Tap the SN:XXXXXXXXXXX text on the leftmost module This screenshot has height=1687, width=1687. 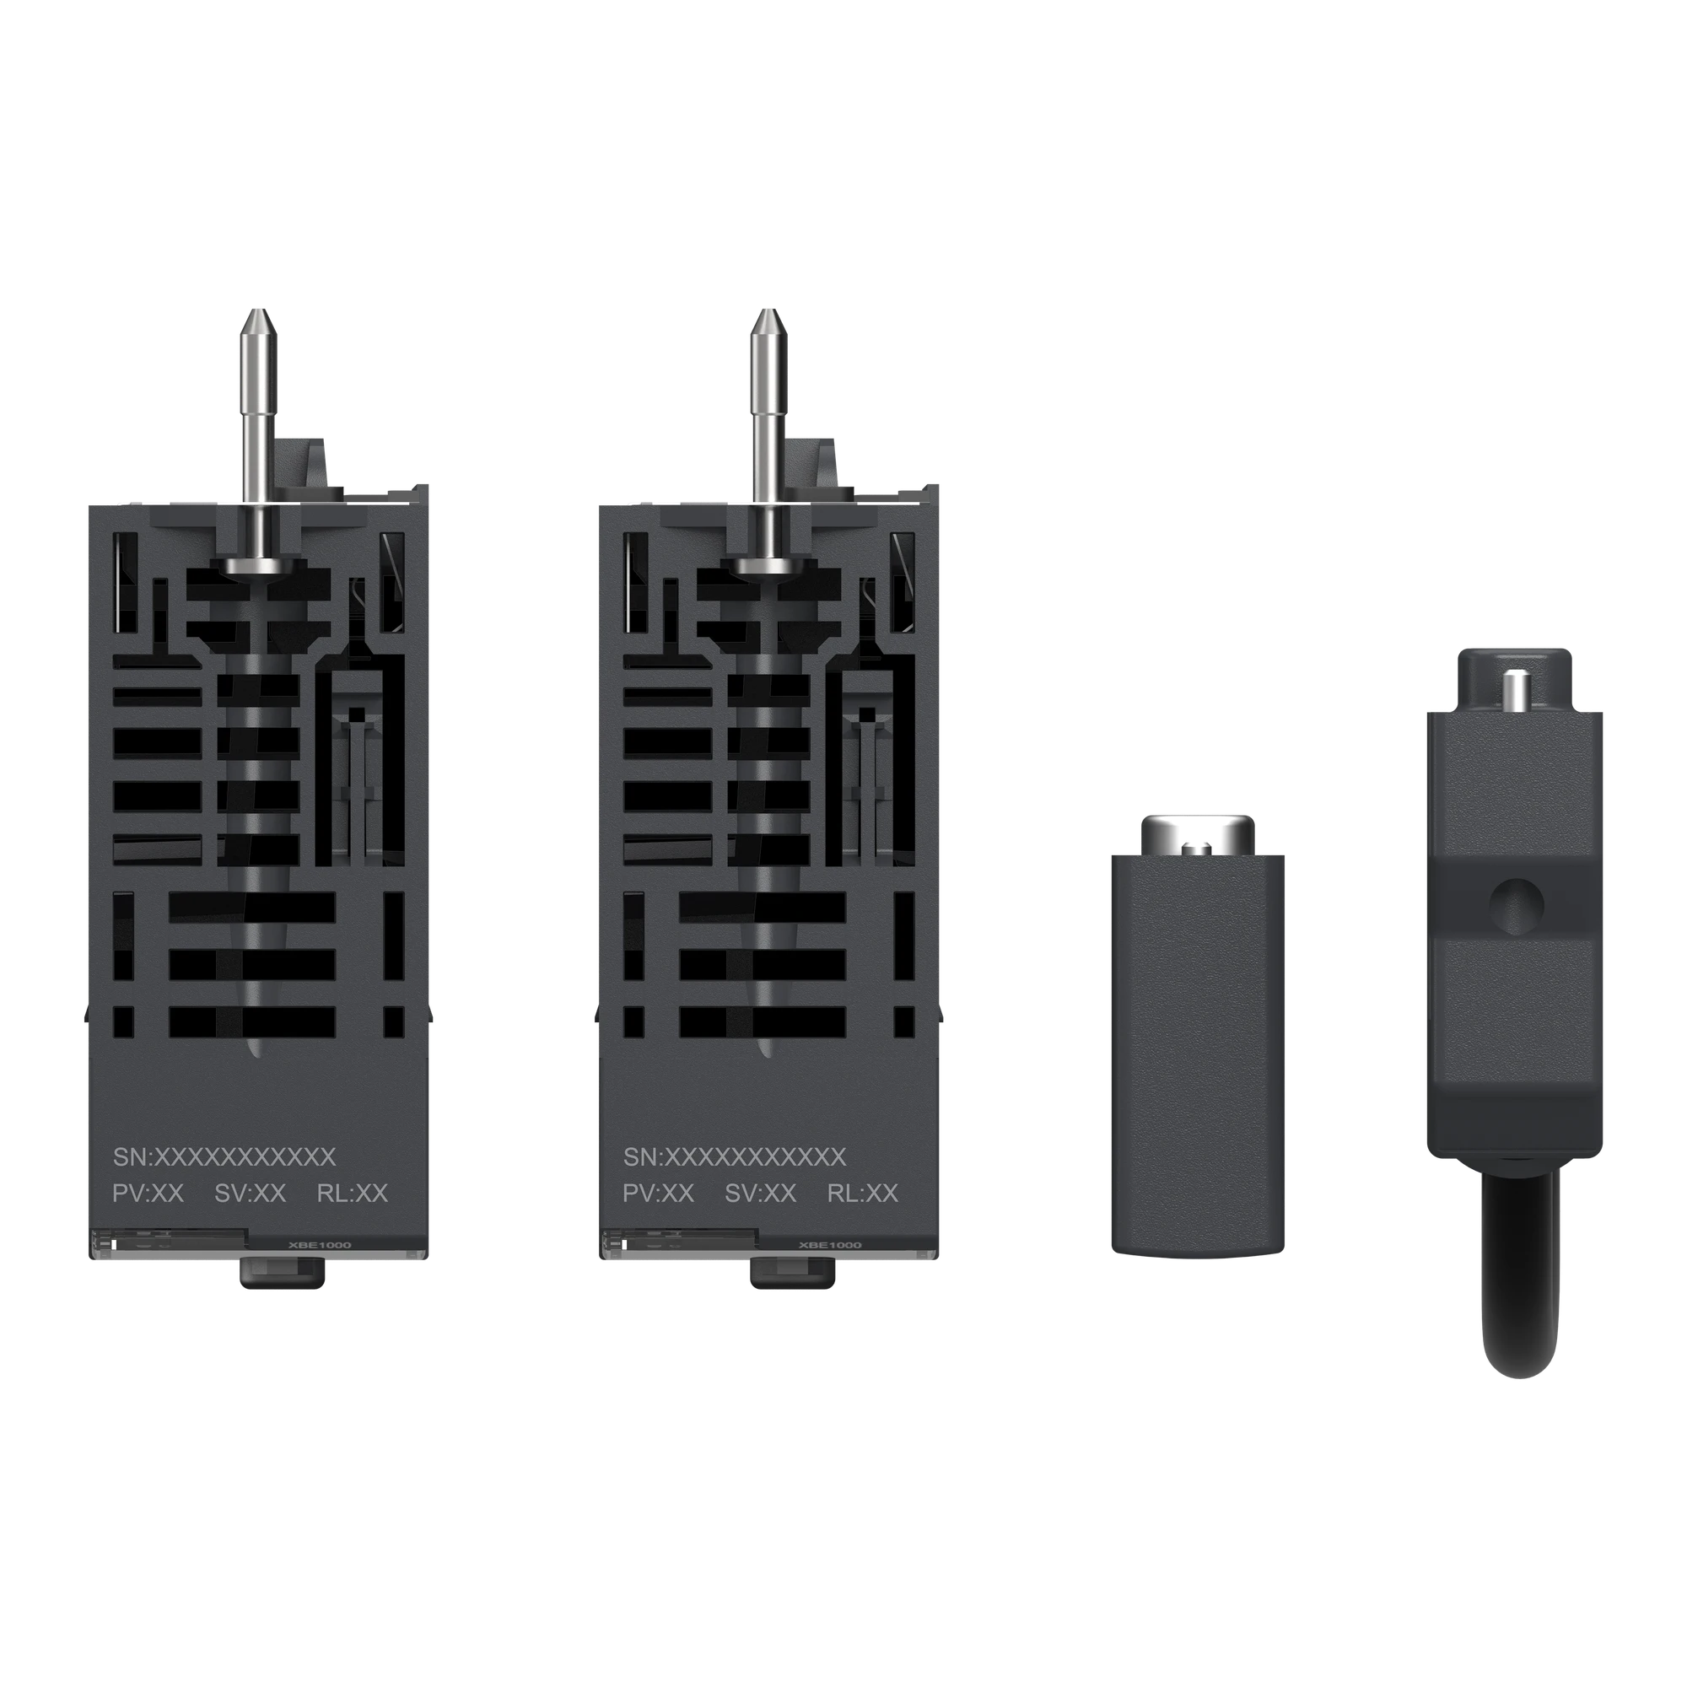pyautogui.click(x=224, y=1157)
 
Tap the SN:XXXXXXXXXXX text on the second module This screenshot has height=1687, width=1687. pyautogui.click(x=735, y=1157)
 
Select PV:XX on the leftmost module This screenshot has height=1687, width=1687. pyautogui.click(x=148, y=1194)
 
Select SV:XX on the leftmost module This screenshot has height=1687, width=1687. pyautogui.click(x=251, y=1194)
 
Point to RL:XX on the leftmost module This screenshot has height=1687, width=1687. pyautogui.click(x=353, y=1194)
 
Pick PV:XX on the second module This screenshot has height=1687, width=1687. pyautogui.click(x=659, y=1194)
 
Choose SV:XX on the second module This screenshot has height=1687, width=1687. pyautogui.click(x=761, y=1194)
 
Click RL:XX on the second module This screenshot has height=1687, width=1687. pyautogui.click(x=863, y=1194)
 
